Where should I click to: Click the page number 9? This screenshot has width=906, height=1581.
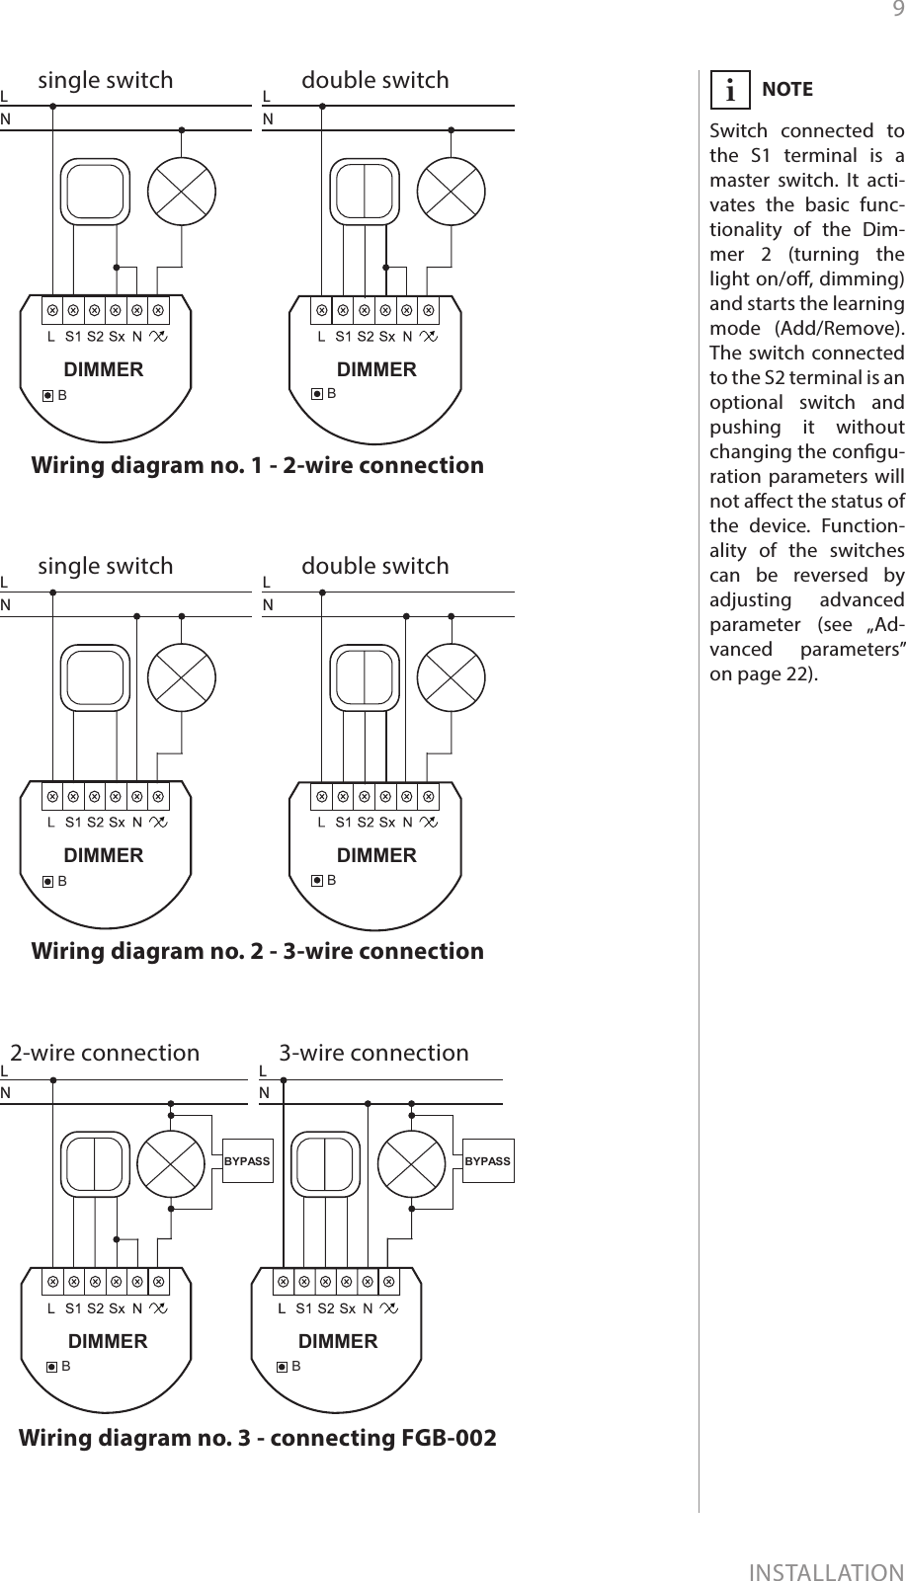point(897,11)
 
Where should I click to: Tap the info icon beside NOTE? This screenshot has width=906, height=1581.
point(730,90)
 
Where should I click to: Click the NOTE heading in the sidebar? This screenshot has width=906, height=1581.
point(787,89)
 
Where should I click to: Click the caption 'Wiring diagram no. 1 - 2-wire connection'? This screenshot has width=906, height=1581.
point(258,465)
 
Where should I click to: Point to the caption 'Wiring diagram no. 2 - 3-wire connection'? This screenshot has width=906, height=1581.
point(258,951)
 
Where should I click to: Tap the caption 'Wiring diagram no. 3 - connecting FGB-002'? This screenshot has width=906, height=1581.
point(258,1437)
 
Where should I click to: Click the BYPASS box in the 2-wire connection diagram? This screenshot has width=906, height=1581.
point(247,1161)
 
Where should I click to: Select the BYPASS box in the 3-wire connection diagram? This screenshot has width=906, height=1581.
point(488,1161)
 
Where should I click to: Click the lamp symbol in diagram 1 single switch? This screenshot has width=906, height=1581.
point(182,193)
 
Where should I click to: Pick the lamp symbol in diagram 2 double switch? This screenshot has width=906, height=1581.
point(451,678)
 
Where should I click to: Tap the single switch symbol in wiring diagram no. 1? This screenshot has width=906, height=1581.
point(96,193)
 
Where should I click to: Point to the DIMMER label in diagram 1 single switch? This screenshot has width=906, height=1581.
point(104,370)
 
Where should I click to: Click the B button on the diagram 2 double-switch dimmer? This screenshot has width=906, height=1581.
point(318,880)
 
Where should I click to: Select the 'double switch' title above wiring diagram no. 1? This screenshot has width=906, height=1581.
point(374,80)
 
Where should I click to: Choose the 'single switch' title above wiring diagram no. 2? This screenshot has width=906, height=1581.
point(105,566)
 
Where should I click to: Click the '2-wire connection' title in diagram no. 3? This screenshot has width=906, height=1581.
point(105,1053)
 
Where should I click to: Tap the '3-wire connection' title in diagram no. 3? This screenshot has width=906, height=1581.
point(373,1053)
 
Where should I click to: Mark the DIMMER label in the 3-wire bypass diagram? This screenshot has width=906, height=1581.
point(338,1341)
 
